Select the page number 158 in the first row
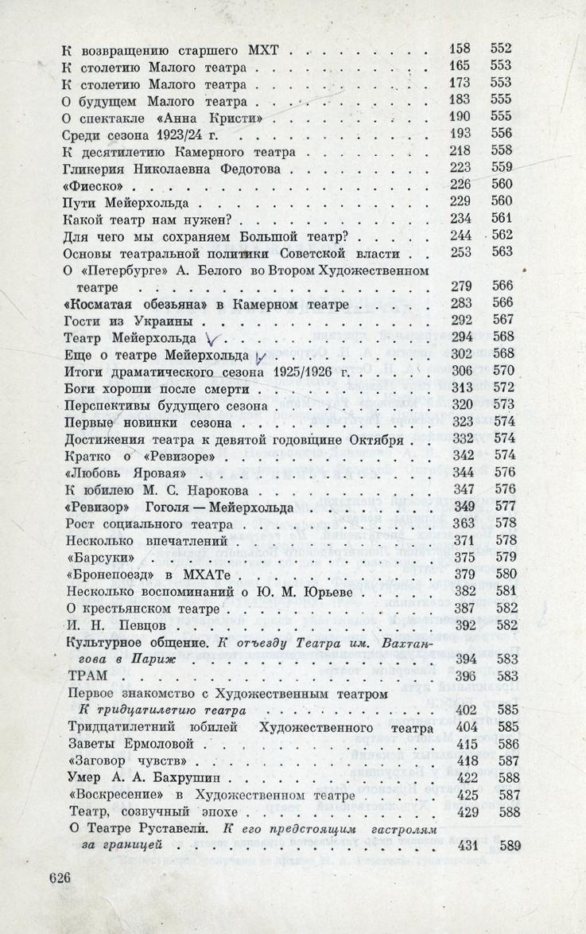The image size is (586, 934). coord(461,49)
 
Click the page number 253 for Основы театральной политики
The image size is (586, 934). coord(461,253)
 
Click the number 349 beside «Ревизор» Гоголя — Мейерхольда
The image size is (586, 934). coord(461,506)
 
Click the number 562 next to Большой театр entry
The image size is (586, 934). coord(503,235)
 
